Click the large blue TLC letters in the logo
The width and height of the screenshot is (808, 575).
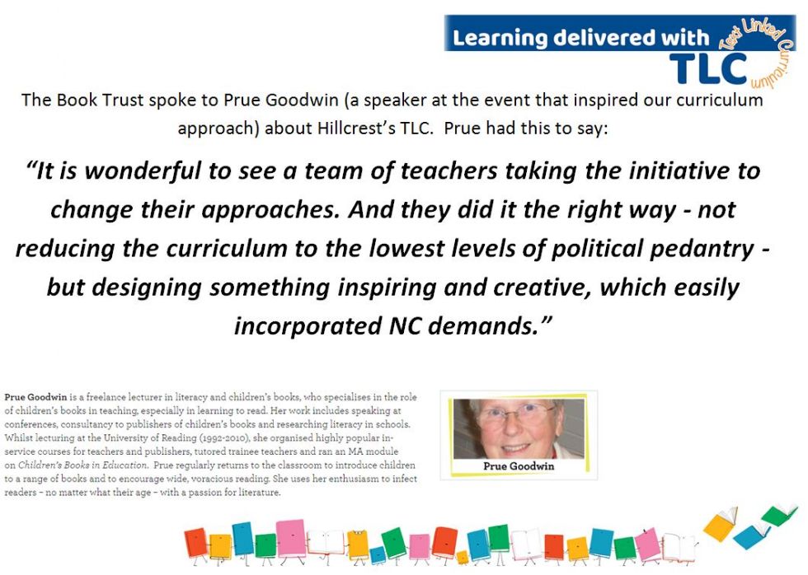(708, 69)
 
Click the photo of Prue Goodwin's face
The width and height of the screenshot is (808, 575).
(519, 429)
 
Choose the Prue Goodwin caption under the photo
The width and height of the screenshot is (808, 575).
(519, 466)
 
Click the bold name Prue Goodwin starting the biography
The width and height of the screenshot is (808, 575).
(35, 397)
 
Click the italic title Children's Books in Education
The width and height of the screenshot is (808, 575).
(82, 465)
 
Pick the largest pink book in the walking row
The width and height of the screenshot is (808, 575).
(292, 538)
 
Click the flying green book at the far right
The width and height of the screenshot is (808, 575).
(779, 515)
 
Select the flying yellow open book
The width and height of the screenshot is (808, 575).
(721, 525)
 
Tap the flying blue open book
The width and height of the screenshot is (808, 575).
(752, 536)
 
